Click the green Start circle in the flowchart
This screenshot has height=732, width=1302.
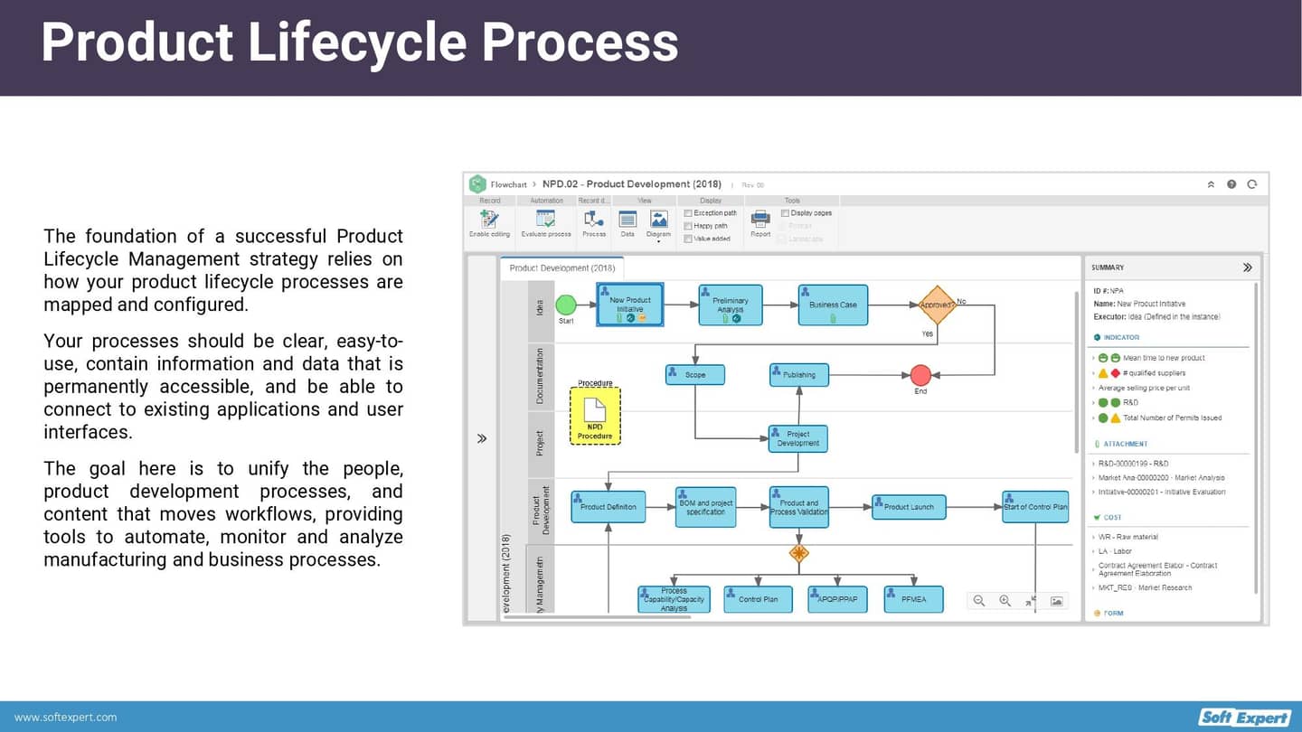[566, 305]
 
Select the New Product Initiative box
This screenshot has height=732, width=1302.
[630, 305]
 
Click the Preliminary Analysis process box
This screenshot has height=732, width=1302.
[731, 305]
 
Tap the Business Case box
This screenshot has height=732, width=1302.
[833, 305]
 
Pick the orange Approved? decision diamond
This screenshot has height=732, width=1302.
[937, 305]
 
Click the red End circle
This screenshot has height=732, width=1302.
[920, 375]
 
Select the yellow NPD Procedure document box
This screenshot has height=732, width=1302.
[595, 416]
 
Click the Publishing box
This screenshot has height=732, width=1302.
[799, 374]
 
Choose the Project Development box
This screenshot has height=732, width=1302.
[797, 439]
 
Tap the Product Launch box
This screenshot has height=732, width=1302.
[909, 507]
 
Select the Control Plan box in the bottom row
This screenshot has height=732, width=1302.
[758, 599]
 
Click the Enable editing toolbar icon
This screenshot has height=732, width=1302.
[489, 221]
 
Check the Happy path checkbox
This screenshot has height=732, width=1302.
[688, 226]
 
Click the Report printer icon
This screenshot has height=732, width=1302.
[760, 219]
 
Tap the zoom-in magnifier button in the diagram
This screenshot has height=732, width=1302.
[1005, 601]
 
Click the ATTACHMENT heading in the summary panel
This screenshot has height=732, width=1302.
[1125, 444]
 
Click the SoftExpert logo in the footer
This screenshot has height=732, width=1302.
[1244, 718]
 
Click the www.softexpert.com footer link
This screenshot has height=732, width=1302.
[65, 718]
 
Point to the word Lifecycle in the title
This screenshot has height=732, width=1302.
[356, 42]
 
